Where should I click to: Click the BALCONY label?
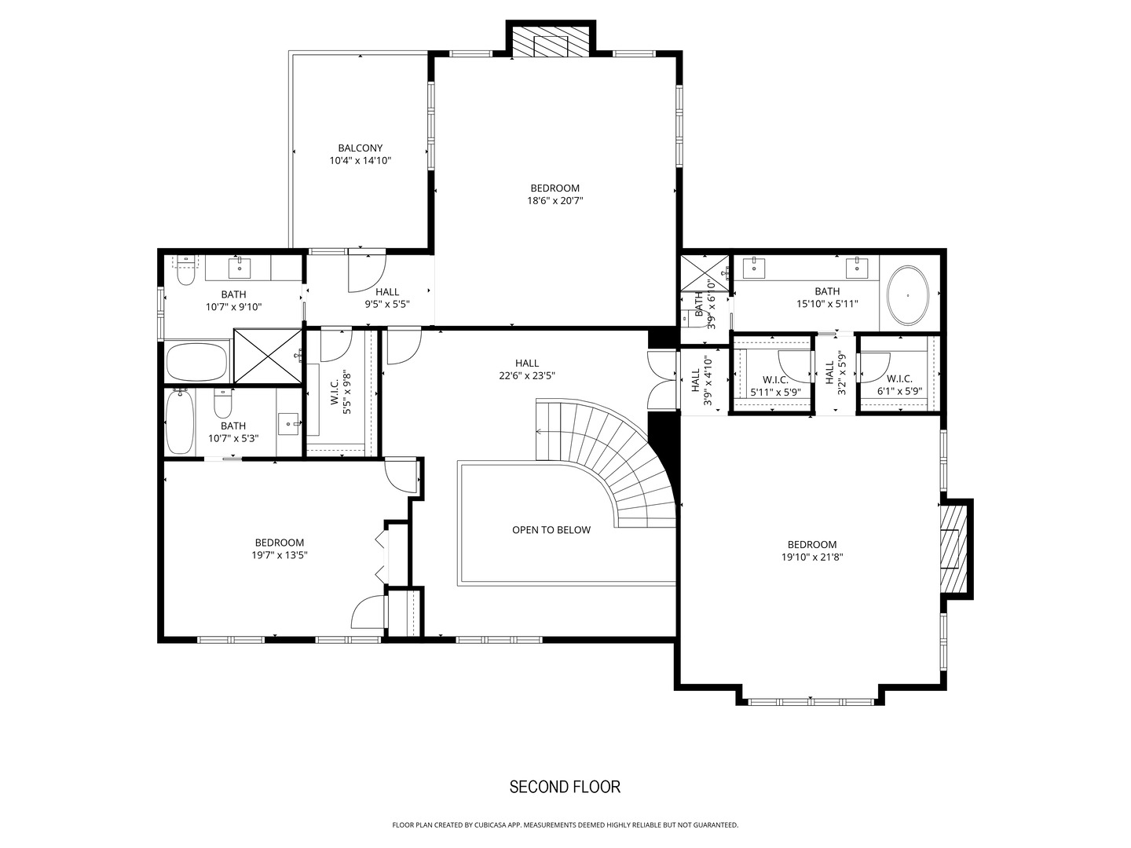[x=360, y=148]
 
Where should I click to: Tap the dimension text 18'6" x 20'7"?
[x=555, y=201]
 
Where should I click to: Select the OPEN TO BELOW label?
[x=551, y=530]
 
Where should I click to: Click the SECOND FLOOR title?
[x=565, y=787]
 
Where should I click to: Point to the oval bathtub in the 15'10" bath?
[x=909, y=296]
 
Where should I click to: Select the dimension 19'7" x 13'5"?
[x=279, y=555]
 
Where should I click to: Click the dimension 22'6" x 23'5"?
[x=527, y=375]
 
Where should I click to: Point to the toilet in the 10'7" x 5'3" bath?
[x=223, y=404]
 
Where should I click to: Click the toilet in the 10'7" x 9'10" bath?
[x=185, y=272]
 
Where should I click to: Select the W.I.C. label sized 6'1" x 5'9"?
[x=899, y=379]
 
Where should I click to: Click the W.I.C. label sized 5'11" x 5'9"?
[x=775, y=379]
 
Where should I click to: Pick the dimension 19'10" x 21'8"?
[x=812, y=557]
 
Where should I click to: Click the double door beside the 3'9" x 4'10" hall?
[x=662, y=378]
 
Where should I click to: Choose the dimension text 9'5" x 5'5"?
[x=387, y=304]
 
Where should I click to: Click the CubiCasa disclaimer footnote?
[x=565, y=825]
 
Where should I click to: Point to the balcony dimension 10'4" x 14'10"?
[x=360, y=160]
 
